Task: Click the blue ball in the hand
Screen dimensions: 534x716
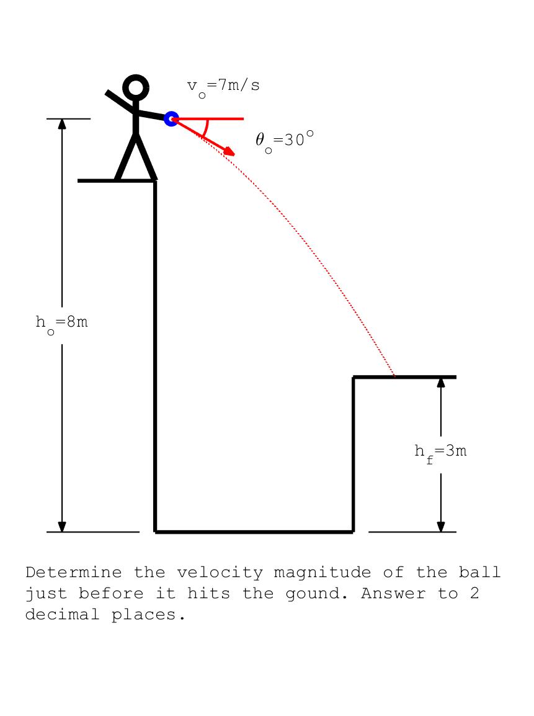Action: click(171, 119)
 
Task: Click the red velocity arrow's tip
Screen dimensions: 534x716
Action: click(235, 155)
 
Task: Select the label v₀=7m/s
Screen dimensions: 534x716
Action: click(223, 87)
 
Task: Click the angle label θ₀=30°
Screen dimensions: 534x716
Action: click(285, 141)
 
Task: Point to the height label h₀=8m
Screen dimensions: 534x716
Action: click(61, 324)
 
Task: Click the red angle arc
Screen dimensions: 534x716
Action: click(205, 128)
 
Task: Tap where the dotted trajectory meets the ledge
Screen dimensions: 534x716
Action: click(394, 377)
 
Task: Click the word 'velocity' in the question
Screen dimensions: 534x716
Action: click(220, 573)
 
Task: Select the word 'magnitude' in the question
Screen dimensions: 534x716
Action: click(322, 573)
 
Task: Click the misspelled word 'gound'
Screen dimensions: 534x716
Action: click(316, 594)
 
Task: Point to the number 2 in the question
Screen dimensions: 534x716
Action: click(474, 593)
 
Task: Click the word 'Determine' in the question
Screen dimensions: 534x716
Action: click(74, 572)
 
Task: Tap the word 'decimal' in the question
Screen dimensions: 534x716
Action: click(62, 614)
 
